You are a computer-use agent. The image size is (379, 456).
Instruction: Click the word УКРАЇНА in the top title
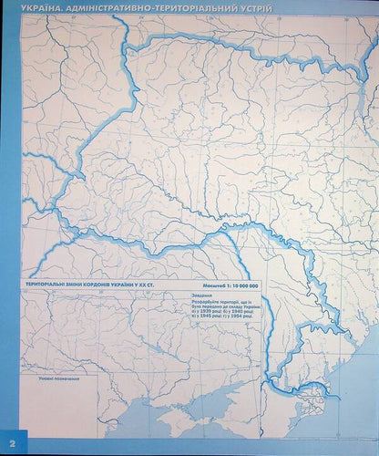point(26,8)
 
